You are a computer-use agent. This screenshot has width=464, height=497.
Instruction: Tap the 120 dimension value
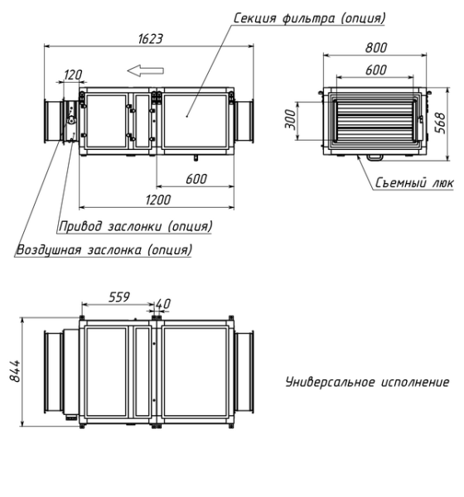tap(73, 75)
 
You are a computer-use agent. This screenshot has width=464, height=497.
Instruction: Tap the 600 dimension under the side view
tap(196, 179)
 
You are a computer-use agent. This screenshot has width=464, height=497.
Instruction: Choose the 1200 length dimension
tap(155, 200)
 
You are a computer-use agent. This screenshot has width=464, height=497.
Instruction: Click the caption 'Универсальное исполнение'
tap(368, 383)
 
